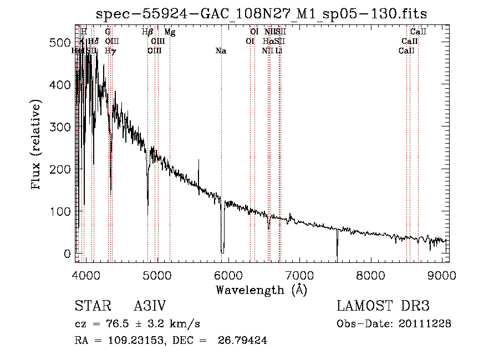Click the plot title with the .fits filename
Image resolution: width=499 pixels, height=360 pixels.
click(261, 13)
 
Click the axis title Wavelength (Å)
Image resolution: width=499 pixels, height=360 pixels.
click(261, 290)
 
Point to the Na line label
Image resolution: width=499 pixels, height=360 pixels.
click(221, 51)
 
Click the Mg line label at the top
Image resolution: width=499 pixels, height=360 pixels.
click(170, 32)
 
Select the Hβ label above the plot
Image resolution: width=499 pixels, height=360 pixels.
click(147, 32)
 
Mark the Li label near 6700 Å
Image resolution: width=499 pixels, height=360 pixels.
click(279, 51)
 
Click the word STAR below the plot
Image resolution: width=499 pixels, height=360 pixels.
click(92, 306)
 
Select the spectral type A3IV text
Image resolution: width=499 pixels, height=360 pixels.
click(150, 306)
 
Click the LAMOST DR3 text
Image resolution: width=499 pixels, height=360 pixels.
click(383, 306)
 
